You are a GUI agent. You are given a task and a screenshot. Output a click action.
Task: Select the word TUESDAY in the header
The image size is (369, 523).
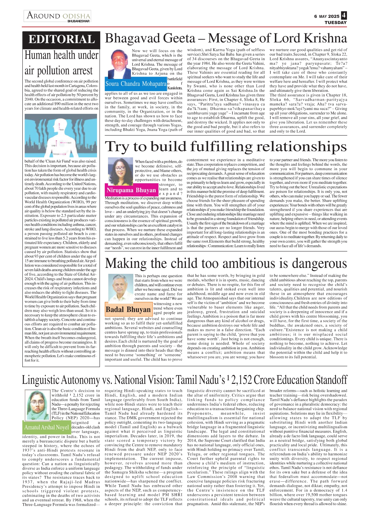tap(335, 23)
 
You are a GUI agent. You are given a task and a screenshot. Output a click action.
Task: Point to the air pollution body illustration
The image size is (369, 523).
tap(61, 135)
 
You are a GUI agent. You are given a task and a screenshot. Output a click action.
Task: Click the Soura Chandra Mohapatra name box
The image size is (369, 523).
tap(136, 84)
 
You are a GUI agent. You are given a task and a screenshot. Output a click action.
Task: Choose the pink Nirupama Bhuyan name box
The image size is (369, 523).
tap(131, 190)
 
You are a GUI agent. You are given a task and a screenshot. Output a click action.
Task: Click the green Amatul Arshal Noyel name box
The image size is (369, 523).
tap(46, 427)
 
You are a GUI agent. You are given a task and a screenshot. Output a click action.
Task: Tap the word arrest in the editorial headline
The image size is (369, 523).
tap(83, 71)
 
